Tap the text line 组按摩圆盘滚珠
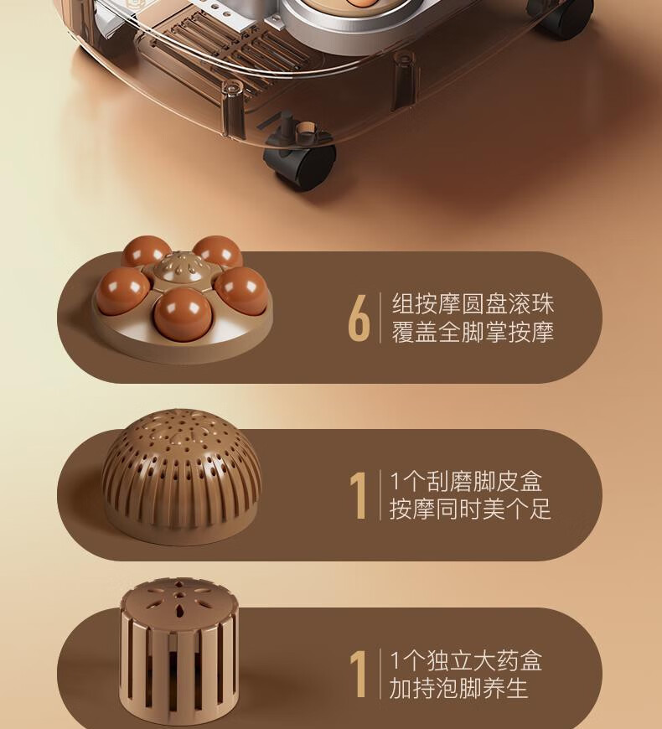coord(473,304)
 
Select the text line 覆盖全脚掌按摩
coord(473,333)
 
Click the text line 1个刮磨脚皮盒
coord(466,481)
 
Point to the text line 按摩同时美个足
coord(470,509)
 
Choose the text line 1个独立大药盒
coord(466,660)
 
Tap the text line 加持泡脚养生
coord(458,688)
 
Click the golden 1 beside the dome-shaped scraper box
coord(358,496)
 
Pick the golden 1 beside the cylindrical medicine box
coord(358,675)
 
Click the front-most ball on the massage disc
coord(183,312)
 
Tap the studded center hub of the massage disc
coord(181,268)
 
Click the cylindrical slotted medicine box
coord(179,650)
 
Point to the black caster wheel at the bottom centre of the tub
coord(300,163)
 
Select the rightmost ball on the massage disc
coord(241,291)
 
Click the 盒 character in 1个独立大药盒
coord(531,660)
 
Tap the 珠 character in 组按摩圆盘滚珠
coord(543,304)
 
